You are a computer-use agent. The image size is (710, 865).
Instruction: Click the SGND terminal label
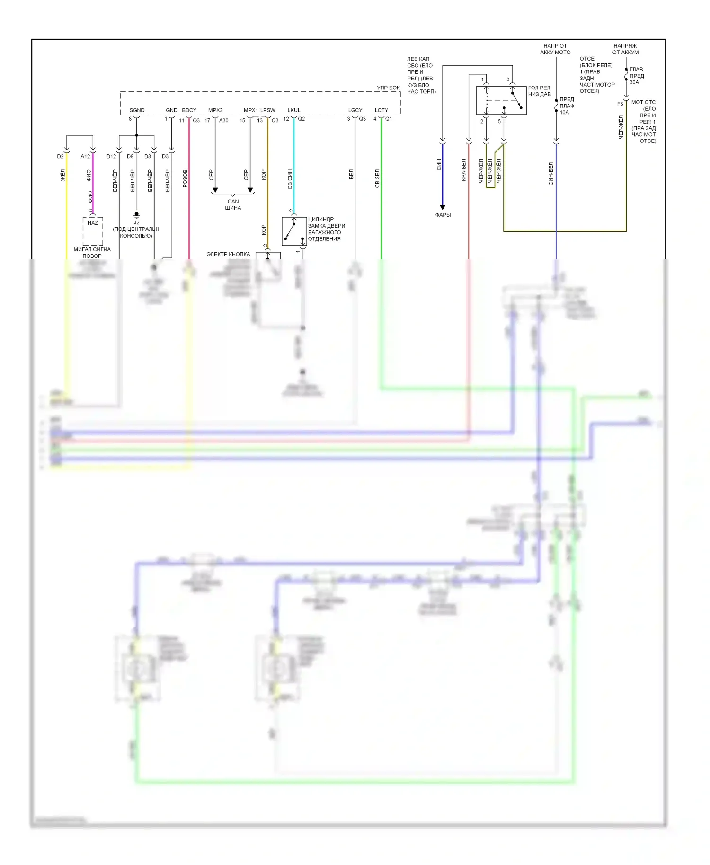pos(137,110)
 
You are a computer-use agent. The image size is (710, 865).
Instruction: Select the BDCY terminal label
pos(189,110)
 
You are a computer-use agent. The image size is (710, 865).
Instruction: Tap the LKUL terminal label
pos(293,110)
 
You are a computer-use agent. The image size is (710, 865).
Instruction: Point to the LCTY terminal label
pos(381,110)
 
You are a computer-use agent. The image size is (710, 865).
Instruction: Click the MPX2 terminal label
pos(215,110)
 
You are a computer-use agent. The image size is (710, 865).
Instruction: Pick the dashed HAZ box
pos(93,231)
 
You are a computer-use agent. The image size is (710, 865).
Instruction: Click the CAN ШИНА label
pos(233,204)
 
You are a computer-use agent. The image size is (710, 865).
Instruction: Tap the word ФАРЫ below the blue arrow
pos(443,215)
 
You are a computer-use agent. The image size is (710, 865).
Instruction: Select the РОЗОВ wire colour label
pos(185,178)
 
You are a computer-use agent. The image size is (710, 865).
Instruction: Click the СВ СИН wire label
pos(290,179)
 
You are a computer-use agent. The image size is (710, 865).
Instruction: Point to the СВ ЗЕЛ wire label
pos(377,178)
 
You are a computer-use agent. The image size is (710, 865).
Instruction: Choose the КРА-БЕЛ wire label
pos(464,170)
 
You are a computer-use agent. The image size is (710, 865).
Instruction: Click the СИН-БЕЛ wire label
pos(551,173)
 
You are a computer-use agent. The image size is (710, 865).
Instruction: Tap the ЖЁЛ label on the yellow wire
pos(62,175)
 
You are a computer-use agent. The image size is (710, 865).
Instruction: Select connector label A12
pos(85,156)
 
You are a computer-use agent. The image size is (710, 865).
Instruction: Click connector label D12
pos(111,156)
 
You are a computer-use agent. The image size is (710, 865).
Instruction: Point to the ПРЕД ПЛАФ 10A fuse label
pos(567,106)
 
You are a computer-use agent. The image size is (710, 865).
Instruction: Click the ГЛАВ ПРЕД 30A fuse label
pos(636,76)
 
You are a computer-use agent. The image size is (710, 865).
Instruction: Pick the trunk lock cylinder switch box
pos(294,231)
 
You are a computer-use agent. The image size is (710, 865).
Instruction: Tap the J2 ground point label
pos(136,222)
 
